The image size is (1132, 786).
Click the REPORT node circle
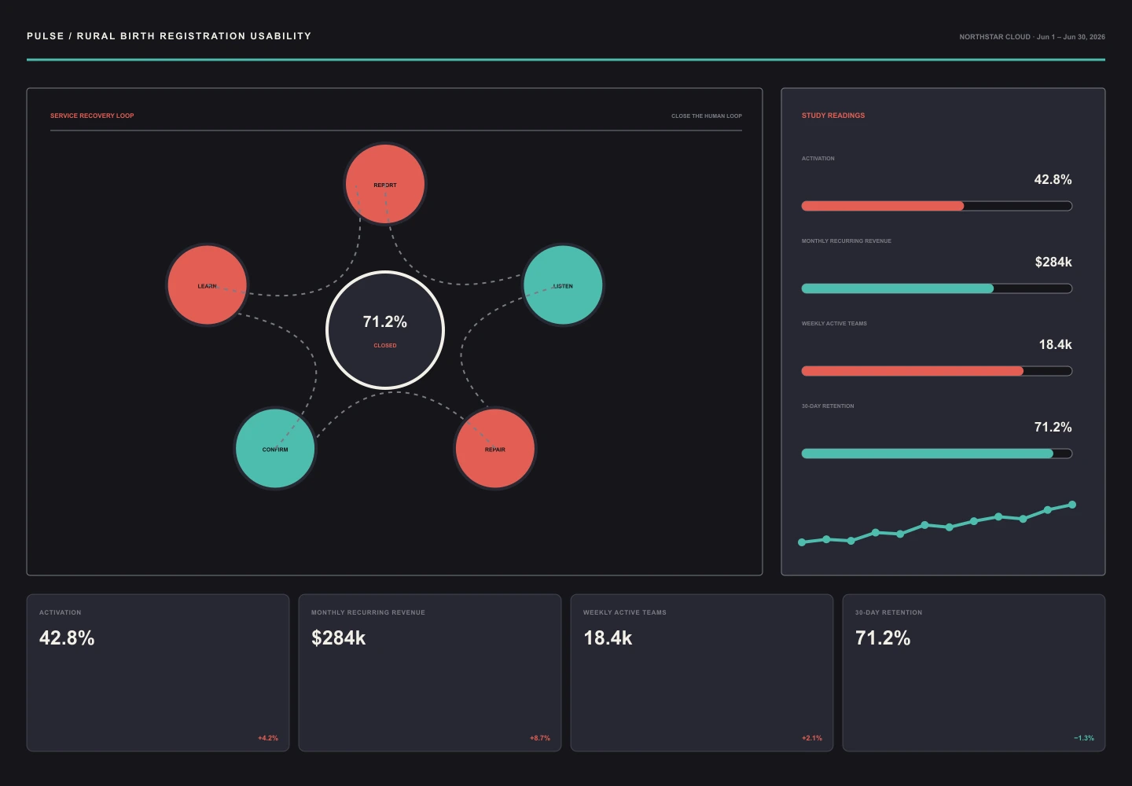[x=385, y=184]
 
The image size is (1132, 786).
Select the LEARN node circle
[x=208, y=285]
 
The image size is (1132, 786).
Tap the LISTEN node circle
[x=563, y=285]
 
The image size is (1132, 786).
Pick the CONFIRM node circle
[x=275, y=449]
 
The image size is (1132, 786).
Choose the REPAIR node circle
[x=494, y=449]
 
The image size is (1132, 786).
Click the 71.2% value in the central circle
[x=385, y=321]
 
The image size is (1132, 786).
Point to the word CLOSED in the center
[x=385, y=346]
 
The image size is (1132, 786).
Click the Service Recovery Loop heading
[x=92, y=116]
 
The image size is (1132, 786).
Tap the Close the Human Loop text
[x=707, y=116]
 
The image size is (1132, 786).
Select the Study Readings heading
[x=832, y=116]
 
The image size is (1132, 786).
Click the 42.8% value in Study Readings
[x=1053, y=179]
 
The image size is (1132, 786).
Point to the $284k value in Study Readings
[x=1053, y=262]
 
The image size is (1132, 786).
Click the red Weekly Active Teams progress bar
[x=912, y=371]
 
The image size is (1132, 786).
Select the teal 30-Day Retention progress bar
[x=928, y=454]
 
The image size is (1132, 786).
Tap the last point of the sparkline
[x=1072, y=505]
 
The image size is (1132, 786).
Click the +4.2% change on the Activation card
[x=268, y=738]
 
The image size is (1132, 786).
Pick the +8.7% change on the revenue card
[x=540, y=738]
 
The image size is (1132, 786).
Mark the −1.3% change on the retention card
[x=1084, y=738]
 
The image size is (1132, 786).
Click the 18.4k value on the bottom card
[x=608, y=638]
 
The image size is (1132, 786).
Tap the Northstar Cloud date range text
[x=1032, y=37]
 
